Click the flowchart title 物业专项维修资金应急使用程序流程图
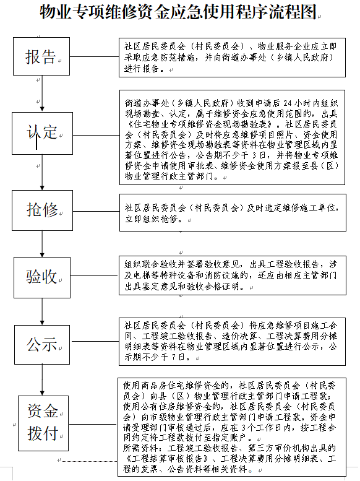[x=179, y=12]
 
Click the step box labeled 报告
[x=41, y=57]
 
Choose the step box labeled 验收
[x=41, y=277]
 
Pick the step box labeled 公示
[x=41, y=344]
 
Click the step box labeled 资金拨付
[x=41, y=422]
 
